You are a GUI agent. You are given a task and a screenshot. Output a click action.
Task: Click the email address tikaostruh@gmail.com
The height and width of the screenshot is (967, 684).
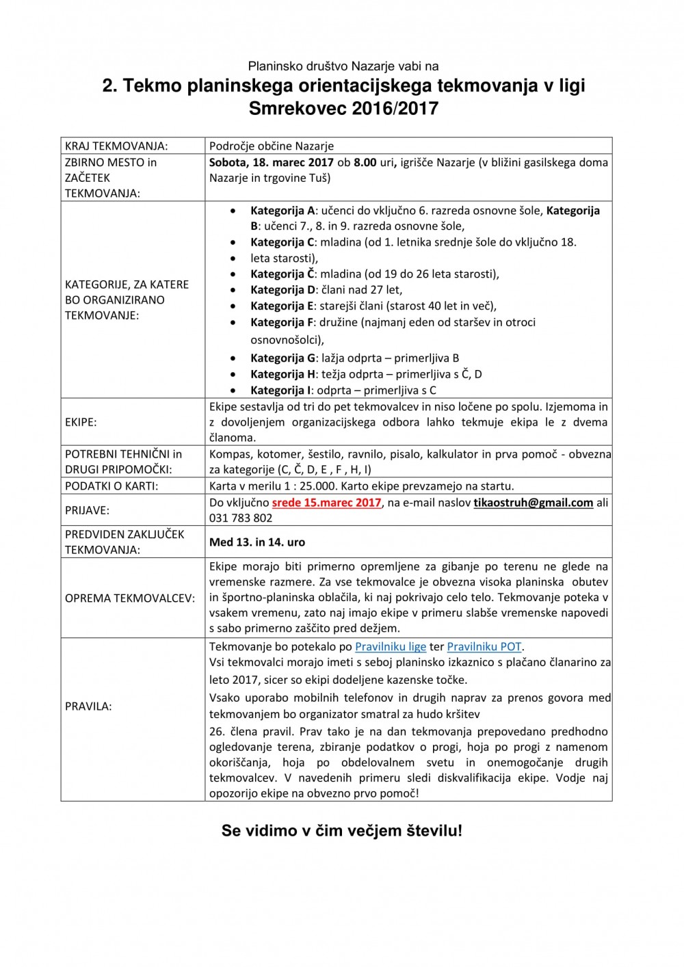[533, 503]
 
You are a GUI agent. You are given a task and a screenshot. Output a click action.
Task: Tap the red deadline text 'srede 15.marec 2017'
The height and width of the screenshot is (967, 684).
[326, 503]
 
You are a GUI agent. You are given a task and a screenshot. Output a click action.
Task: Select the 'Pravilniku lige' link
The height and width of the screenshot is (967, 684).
[391, 646]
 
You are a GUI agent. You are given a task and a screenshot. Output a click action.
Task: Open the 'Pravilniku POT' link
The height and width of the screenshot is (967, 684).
[484, 646]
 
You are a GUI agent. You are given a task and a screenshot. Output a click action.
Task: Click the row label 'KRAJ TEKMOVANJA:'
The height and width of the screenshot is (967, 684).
[116, 146]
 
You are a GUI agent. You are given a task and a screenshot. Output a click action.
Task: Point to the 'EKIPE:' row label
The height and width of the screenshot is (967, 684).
[81, 422]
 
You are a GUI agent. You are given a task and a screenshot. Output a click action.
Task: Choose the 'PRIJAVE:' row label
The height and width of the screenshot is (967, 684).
[87, 510]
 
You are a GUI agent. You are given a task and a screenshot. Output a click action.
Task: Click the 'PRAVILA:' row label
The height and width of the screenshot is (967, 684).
[88, 706]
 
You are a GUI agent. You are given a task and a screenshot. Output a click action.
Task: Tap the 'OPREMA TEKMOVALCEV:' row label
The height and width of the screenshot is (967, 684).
[130, 598]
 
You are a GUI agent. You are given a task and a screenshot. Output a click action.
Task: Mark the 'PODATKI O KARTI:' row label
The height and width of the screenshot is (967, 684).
[111, 486]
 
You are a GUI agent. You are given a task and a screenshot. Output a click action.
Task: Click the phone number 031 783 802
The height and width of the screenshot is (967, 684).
[241, 518]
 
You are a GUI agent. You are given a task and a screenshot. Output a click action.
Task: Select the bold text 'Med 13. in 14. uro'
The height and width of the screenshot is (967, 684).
[257, 542]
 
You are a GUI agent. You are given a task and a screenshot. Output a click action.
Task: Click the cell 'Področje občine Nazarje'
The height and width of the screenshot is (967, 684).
[272, 146]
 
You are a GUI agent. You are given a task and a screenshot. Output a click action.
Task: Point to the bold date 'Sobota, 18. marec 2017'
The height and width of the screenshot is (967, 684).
[272, 162]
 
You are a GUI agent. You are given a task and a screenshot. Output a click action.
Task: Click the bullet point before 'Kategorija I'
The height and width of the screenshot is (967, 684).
[234, 390]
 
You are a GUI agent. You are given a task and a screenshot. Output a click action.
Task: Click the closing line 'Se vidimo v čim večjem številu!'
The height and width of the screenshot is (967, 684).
[341, 831]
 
